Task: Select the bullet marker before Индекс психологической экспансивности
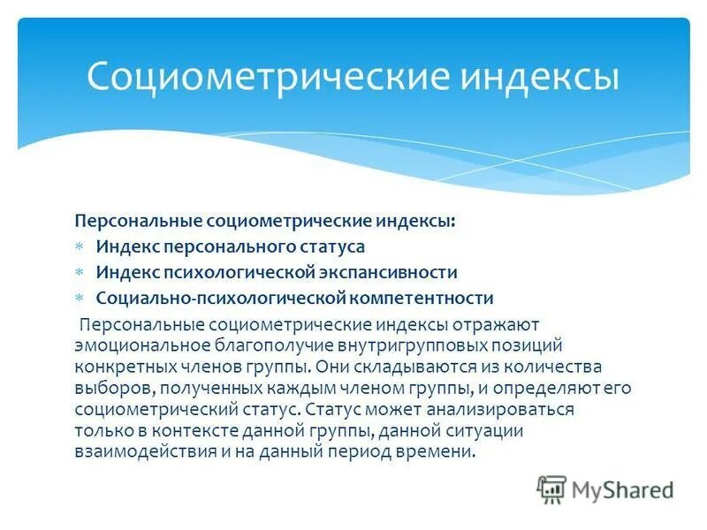(78, 273)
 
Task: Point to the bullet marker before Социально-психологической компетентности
(78, 299)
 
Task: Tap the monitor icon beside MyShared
(551, 489)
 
